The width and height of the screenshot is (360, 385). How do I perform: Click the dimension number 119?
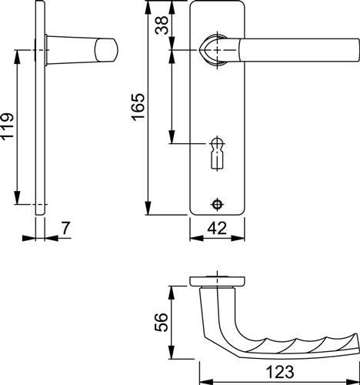8,126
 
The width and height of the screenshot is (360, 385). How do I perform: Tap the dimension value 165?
138,107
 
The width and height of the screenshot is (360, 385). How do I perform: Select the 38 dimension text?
162,25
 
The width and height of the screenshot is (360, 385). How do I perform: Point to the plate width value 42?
217,228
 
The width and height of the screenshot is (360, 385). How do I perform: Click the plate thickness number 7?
66,228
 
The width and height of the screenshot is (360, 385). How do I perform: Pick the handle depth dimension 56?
161,322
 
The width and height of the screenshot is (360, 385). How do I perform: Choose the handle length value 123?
280,372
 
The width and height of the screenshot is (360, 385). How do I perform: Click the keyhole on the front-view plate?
218,153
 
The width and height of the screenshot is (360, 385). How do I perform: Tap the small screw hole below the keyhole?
218,205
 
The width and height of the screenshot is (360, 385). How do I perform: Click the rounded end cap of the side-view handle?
106,50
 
